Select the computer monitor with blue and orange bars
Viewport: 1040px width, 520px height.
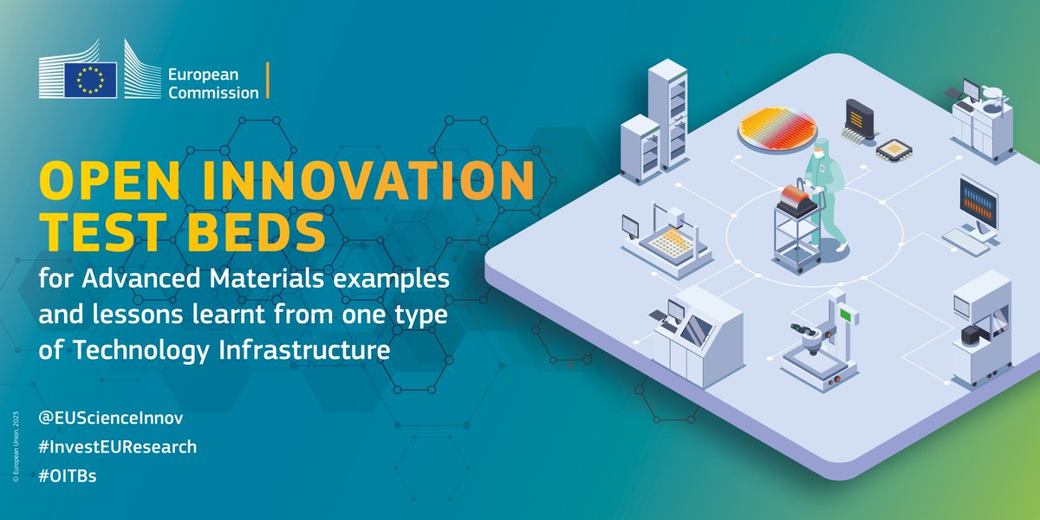[x=978, y=203]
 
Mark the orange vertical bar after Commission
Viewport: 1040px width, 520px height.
[x=268, y=81]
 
